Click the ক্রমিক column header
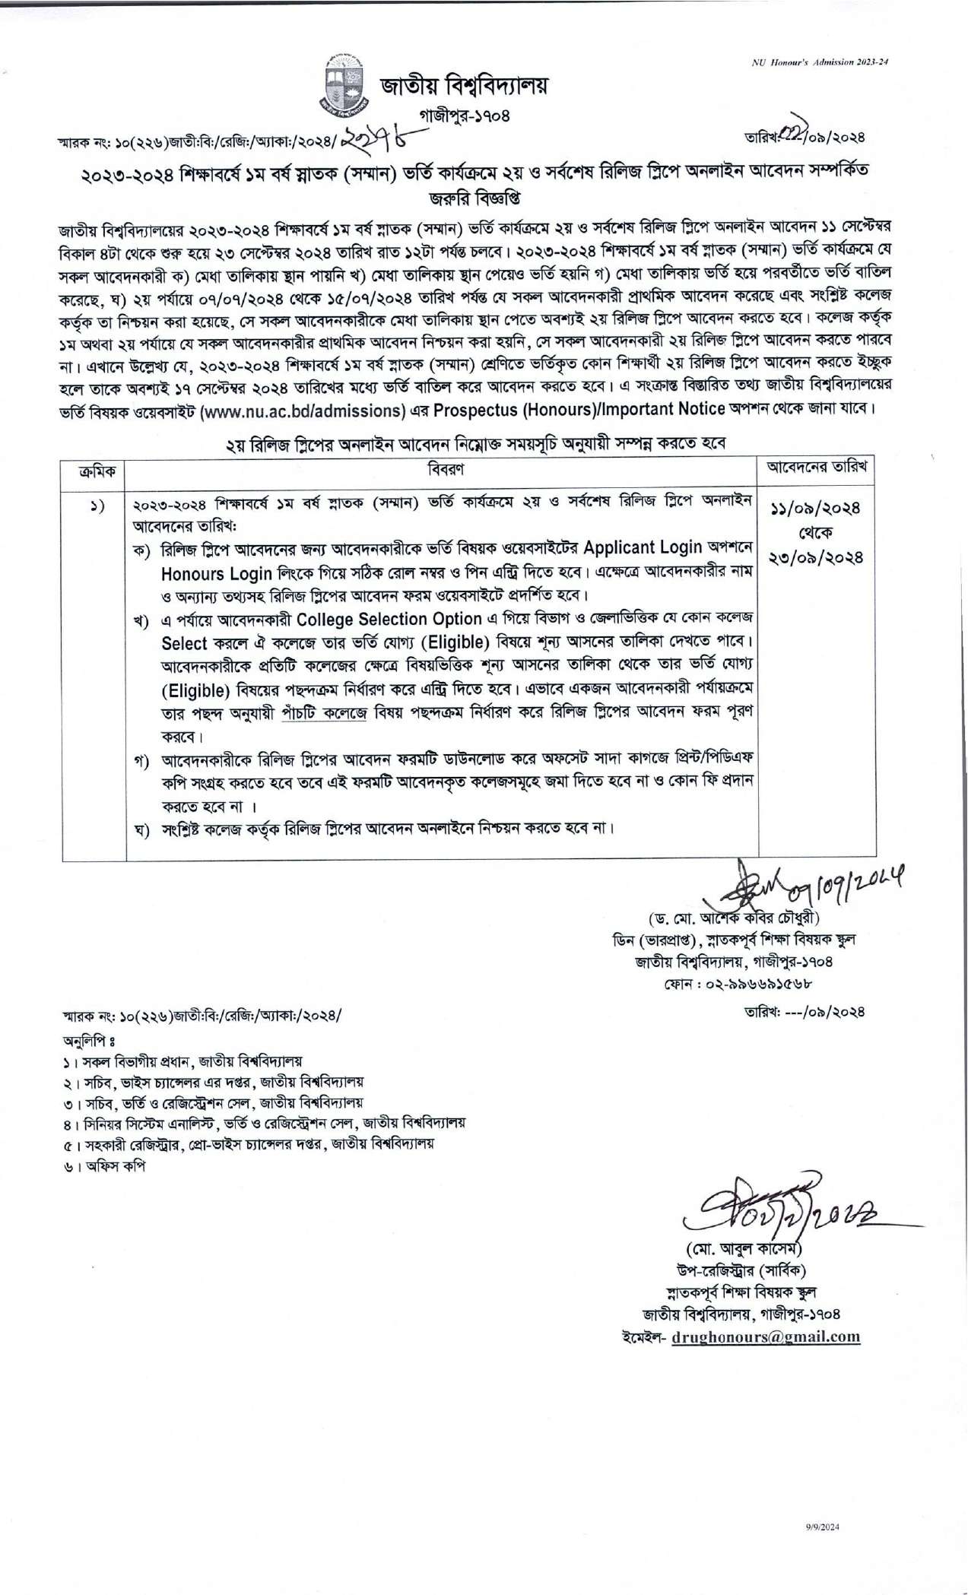[94, 471]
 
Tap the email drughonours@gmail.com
[766, 1336]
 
